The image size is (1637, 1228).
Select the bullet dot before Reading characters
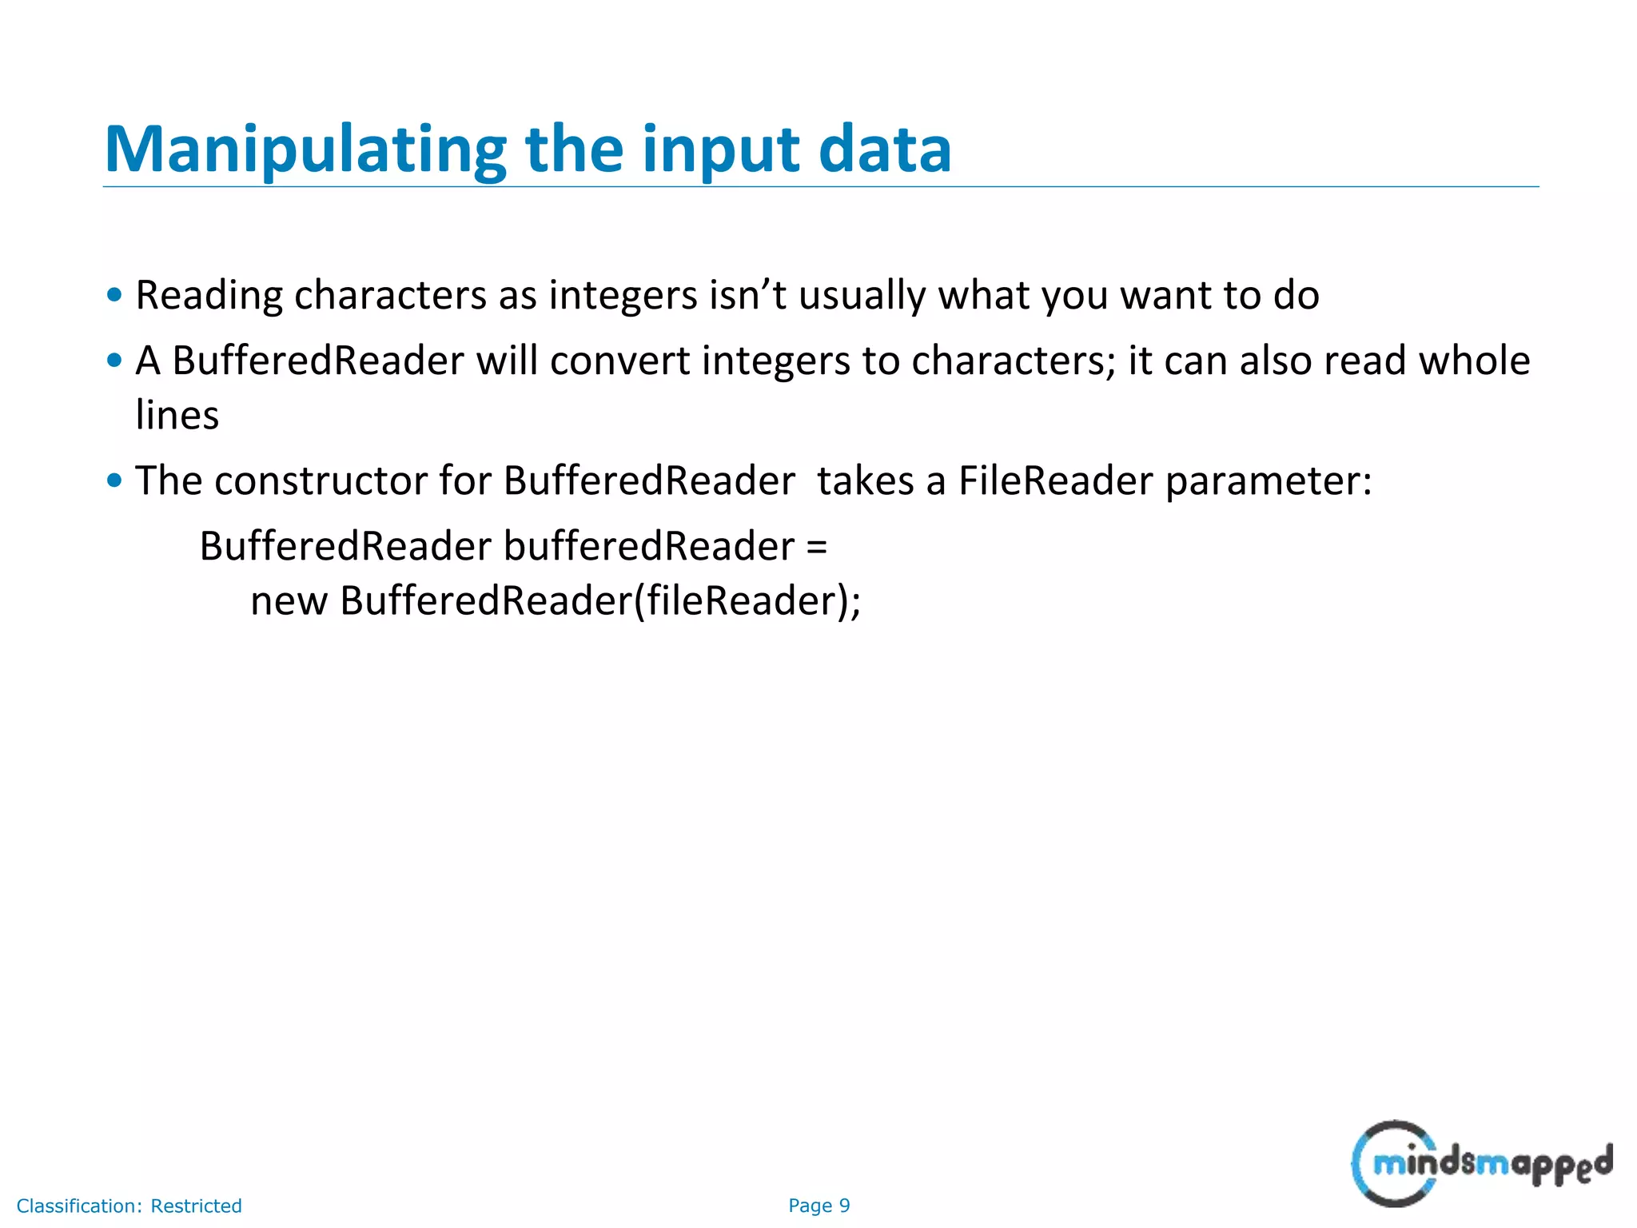114,294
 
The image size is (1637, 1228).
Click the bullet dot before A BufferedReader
114,361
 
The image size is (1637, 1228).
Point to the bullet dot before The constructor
114,480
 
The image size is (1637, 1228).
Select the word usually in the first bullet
862,296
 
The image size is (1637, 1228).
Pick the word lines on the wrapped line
177,416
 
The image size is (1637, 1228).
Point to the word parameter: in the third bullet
1269,481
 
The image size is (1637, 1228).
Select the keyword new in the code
289,601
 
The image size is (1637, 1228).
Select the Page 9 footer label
818,1206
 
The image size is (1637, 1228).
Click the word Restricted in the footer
196,1206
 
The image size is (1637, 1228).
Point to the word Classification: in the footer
79,1206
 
